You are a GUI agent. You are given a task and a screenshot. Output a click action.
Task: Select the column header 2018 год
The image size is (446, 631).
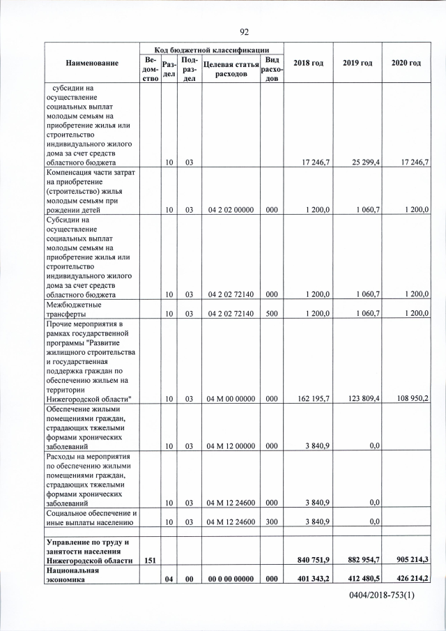click(308, 63)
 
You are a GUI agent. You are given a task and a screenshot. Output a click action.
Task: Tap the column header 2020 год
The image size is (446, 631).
click(406, 63)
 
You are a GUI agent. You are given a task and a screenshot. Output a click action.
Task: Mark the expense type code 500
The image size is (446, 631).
click(272, 313)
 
